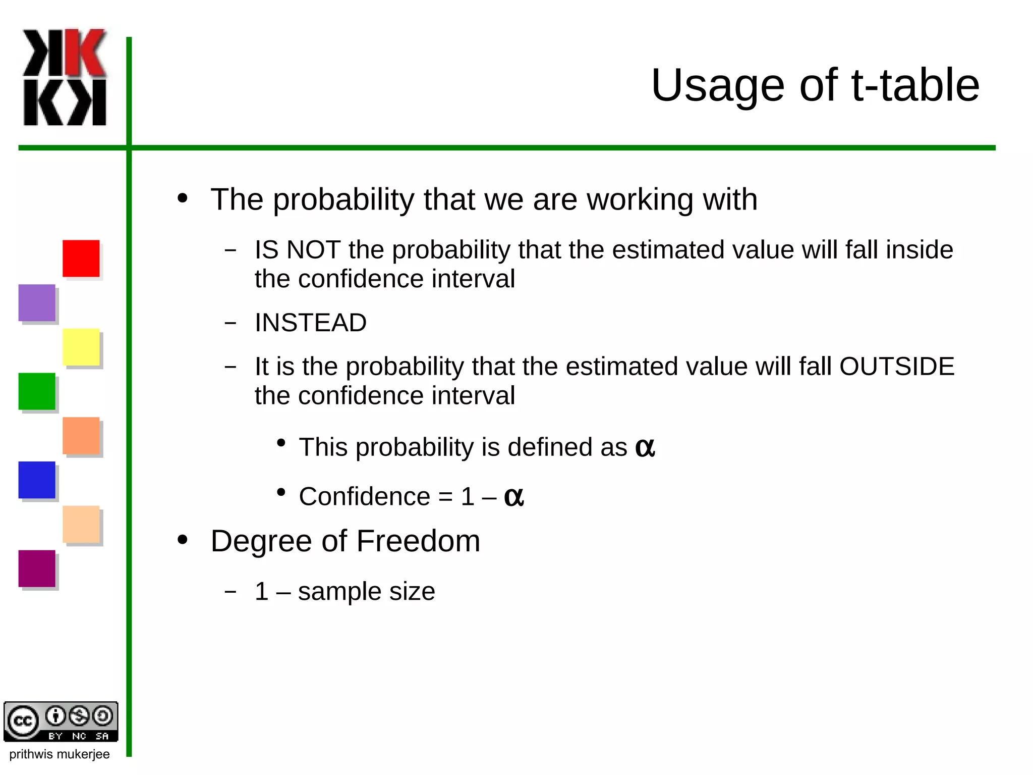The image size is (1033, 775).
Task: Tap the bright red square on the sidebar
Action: point(81,259)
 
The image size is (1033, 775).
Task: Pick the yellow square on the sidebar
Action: point(81,347)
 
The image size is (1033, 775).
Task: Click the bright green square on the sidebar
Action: point(37,391)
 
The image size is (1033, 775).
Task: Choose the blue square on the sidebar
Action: point(37,480)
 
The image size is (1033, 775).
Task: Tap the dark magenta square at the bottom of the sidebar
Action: point(37,569)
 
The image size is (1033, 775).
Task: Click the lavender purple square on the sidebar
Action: point(37,302)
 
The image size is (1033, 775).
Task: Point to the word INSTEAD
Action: point(311,323)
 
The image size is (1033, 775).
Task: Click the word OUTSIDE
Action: point(897,366)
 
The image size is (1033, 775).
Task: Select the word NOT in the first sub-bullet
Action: point(313,250)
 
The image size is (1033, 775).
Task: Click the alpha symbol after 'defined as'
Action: point(645,447)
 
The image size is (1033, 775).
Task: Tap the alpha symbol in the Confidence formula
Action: point(513,497)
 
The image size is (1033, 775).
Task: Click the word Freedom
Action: point(418,541)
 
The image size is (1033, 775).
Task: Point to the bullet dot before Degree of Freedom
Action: point(183,540)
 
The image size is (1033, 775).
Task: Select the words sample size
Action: point(366,591)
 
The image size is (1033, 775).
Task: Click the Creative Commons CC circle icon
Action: point(23,721)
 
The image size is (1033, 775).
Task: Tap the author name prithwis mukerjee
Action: point(60,754)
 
